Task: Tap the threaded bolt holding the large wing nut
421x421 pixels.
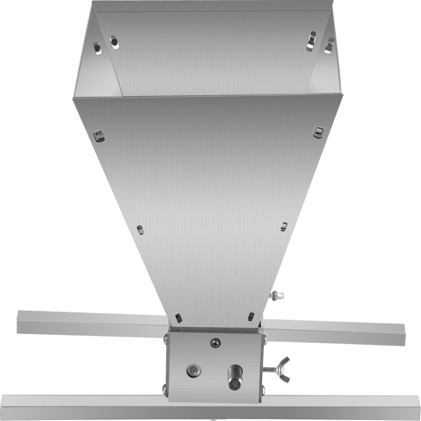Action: click(x=271, y=369)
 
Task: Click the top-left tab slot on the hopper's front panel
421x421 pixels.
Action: click(x=99, y=135)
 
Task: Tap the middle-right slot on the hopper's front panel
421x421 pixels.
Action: click(x=284, y=226)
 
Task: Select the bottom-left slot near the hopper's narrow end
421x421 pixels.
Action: click(x=179, y=318)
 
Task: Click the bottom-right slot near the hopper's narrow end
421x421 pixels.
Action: click(x=251, y=317)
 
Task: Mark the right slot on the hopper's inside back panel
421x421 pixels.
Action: click(x=312, y=41)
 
